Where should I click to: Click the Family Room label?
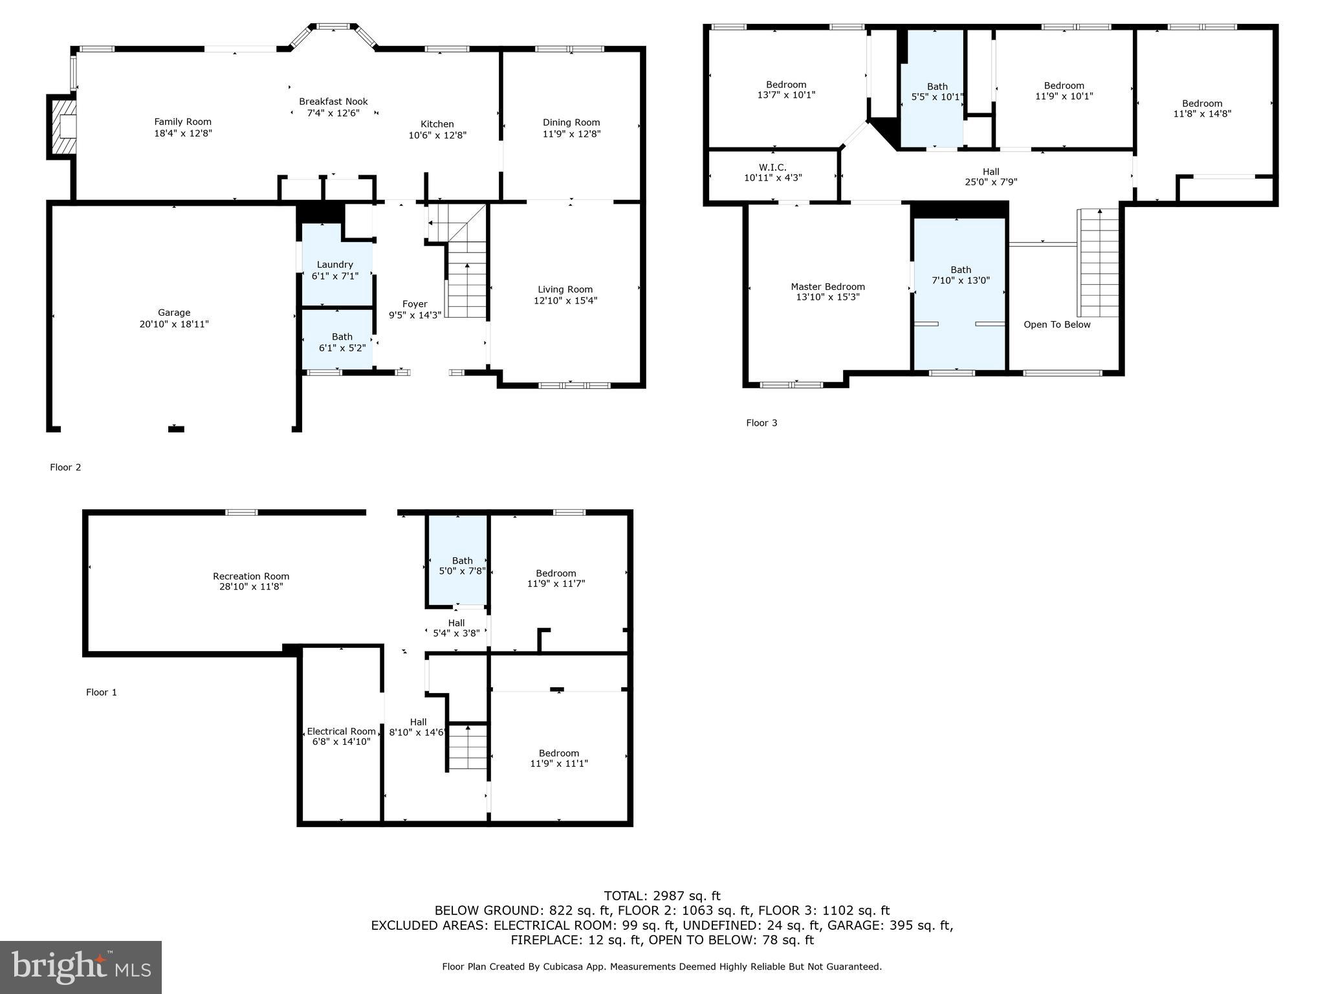182,122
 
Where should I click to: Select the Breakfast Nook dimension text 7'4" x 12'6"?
333,113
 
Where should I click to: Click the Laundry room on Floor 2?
335,269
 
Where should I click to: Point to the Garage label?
174,313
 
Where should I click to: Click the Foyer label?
415,304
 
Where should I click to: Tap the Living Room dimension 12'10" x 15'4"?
565,300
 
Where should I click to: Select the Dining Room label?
571,122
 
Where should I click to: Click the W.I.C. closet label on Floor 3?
772,167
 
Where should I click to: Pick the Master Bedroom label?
827,287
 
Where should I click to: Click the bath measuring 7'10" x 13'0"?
960,275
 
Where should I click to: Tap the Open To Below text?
1057,325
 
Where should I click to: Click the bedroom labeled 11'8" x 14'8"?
1201,108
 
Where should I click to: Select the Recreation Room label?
251,576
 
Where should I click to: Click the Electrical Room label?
341,731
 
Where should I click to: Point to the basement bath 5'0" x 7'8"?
462,566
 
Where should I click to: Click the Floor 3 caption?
761,423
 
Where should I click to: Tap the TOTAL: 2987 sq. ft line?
662,896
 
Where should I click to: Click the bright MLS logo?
81,967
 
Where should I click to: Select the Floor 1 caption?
102,692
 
